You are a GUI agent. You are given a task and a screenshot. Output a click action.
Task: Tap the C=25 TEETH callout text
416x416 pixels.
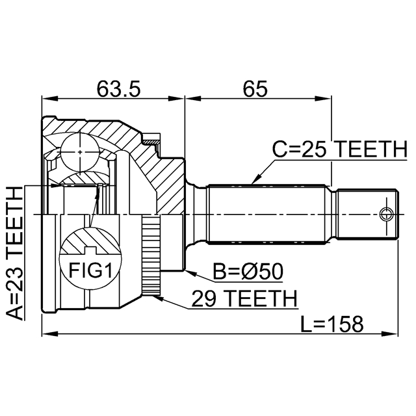click(340, 149)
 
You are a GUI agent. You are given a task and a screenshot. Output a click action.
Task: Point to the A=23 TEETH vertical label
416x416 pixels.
click(15, 253)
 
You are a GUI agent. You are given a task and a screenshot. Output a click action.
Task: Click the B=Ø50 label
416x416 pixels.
click(248, 272)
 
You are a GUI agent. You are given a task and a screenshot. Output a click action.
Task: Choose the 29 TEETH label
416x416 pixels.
click(244, 299)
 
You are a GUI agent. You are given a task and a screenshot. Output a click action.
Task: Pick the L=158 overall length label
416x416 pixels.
click(331, 324)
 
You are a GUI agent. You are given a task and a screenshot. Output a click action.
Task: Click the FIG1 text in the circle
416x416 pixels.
click(90, 270)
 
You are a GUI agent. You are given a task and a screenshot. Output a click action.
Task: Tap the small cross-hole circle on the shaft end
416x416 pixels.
click(386, 214)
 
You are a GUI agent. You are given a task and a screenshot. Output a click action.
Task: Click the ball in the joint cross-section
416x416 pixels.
click(80, 152)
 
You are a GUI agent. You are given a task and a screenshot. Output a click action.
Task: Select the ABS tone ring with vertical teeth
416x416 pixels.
click(151, 255)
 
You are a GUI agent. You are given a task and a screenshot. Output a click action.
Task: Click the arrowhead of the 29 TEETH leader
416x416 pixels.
click(157, 298)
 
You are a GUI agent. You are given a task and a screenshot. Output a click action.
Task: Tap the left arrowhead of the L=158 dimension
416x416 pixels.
click(49, 333)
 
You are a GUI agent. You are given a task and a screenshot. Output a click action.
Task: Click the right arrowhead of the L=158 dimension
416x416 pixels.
click(390, 333)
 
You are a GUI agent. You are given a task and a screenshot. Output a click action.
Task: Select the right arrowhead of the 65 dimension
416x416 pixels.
click(324, 99)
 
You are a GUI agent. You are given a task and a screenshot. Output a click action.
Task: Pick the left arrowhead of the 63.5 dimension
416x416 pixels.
click(49, 99)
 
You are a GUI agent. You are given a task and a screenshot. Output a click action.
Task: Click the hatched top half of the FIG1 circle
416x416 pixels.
click(90, 240)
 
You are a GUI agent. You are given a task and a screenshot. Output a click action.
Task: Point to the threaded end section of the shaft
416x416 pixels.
click(368, 214)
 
